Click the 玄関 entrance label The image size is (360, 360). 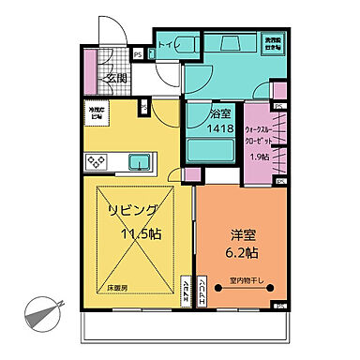coord(117,76)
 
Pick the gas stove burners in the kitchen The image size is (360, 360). coord(97,161)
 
